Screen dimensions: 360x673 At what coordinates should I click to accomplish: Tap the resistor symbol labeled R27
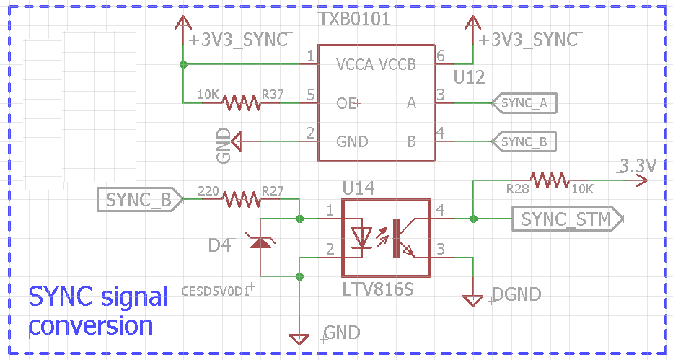[240, 198]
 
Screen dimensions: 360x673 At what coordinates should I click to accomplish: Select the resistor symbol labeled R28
[549, 180]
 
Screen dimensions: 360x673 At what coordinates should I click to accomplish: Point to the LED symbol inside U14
[361, 235]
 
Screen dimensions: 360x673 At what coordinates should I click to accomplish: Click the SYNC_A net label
[524, 103]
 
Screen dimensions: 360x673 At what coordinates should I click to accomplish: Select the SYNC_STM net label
[566, 219]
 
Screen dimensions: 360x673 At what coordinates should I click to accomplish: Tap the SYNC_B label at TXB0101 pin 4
[524, 141]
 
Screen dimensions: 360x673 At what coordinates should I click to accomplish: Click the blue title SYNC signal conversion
[98, 311]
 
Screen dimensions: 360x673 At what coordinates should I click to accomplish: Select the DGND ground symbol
[473, 299]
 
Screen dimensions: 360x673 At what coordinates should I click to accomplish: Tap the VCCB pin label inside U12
[397, 65]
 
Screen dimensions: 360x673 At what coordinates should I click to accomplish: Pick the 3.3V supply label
[638, 166]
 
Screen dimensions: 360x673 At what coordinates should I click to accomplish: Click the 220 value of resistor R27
[208, 191]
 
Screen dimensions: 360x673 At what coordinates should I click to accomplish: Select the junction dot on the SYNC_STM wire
[473, 218]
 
